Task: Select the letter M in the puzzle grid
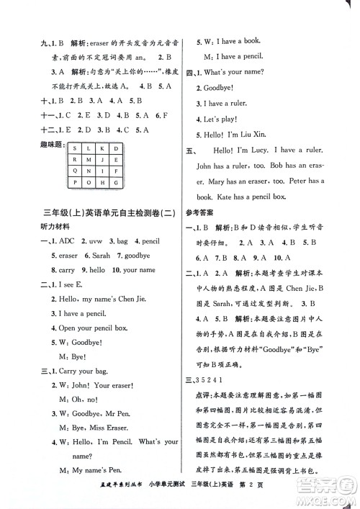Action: [x=87, y=161]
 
